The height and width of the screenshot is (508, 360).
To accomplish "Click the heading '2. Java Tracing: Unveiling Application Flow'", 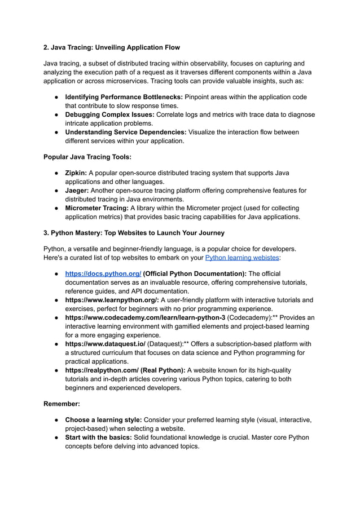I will [112, 47].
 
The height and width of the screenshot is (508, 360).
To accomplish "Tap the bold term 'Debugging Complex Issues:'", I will [109, 114].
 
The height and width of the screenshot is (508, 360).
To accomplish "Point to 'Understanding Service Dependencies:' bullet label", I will [126, 132].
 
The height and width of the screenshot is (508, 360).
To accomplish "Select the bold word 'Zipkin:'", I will [76, 173].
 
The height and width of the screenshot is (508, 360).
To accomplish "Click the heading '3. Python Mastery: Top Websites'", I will [134, 233].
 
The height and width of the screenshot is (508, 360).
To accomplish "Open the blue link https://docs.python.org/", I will [103, 273].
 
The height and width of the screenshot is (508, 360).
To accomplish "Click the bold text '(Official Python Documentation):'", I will [195, 273].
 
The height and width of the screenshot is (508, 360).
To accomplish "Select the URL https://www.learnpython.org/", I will [112, 300].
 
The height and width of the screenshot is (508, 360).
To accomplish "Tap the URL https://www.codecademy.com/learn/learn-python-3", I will [145, 317].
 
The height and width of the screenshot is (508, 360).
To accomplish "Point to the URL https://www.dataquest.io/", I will [105, 343].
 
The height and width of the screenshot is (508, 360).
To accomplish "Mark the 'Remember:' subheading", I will [62, 404].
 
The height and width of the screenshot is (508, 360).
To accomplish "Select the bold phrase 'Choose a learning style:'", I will [103, 420].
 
